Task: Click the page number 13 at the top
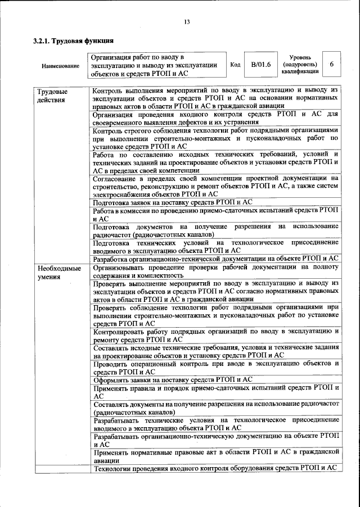click(x=186, y=22)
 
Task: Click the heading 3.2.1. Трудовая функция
click(x=74, y=41)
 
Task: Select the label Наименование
click(x=60, y=66)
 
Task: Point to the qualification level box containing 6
click(x=331, y=65)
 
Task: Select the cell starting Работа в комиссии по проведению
click(x=215, y=214)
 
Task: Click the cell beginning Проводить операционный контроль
click(x=215, y=368)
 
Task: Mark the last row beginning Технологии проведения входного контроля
click(x=215, y=468)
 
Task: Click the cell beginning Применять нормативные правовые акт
click(x=215, y=455)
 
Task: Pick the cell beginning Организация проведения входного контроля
click(x=215, y=118)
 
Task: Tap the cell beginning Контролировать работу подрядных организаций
click(x=215, y=335)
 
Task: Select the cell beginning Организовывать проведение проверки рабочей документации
click(x=215, y=271)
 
